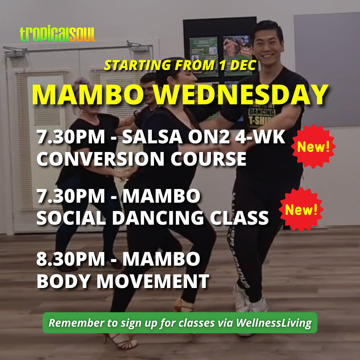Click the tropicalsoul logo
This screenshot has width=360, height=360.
point(57,34)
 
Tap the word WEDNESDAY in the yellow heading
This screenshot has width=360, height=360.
point(241,95)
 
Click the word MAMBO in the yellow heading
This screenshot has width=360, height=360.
point(88,95)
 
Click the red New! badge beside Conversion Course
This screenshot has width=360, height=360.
point(313,146)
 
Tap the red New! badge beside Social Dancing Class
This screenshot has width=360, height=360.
point(301,209)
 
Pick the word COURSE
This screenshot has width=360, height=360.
point(208,159)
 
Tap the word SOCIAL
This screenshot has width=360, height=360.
point(71,218)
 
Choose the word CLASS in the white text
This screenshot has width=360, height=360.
point(239,218)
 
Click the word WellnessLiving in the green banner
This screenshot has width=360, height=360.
point(274,323)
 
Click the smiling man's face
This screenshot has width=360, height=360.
point(267,46)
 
